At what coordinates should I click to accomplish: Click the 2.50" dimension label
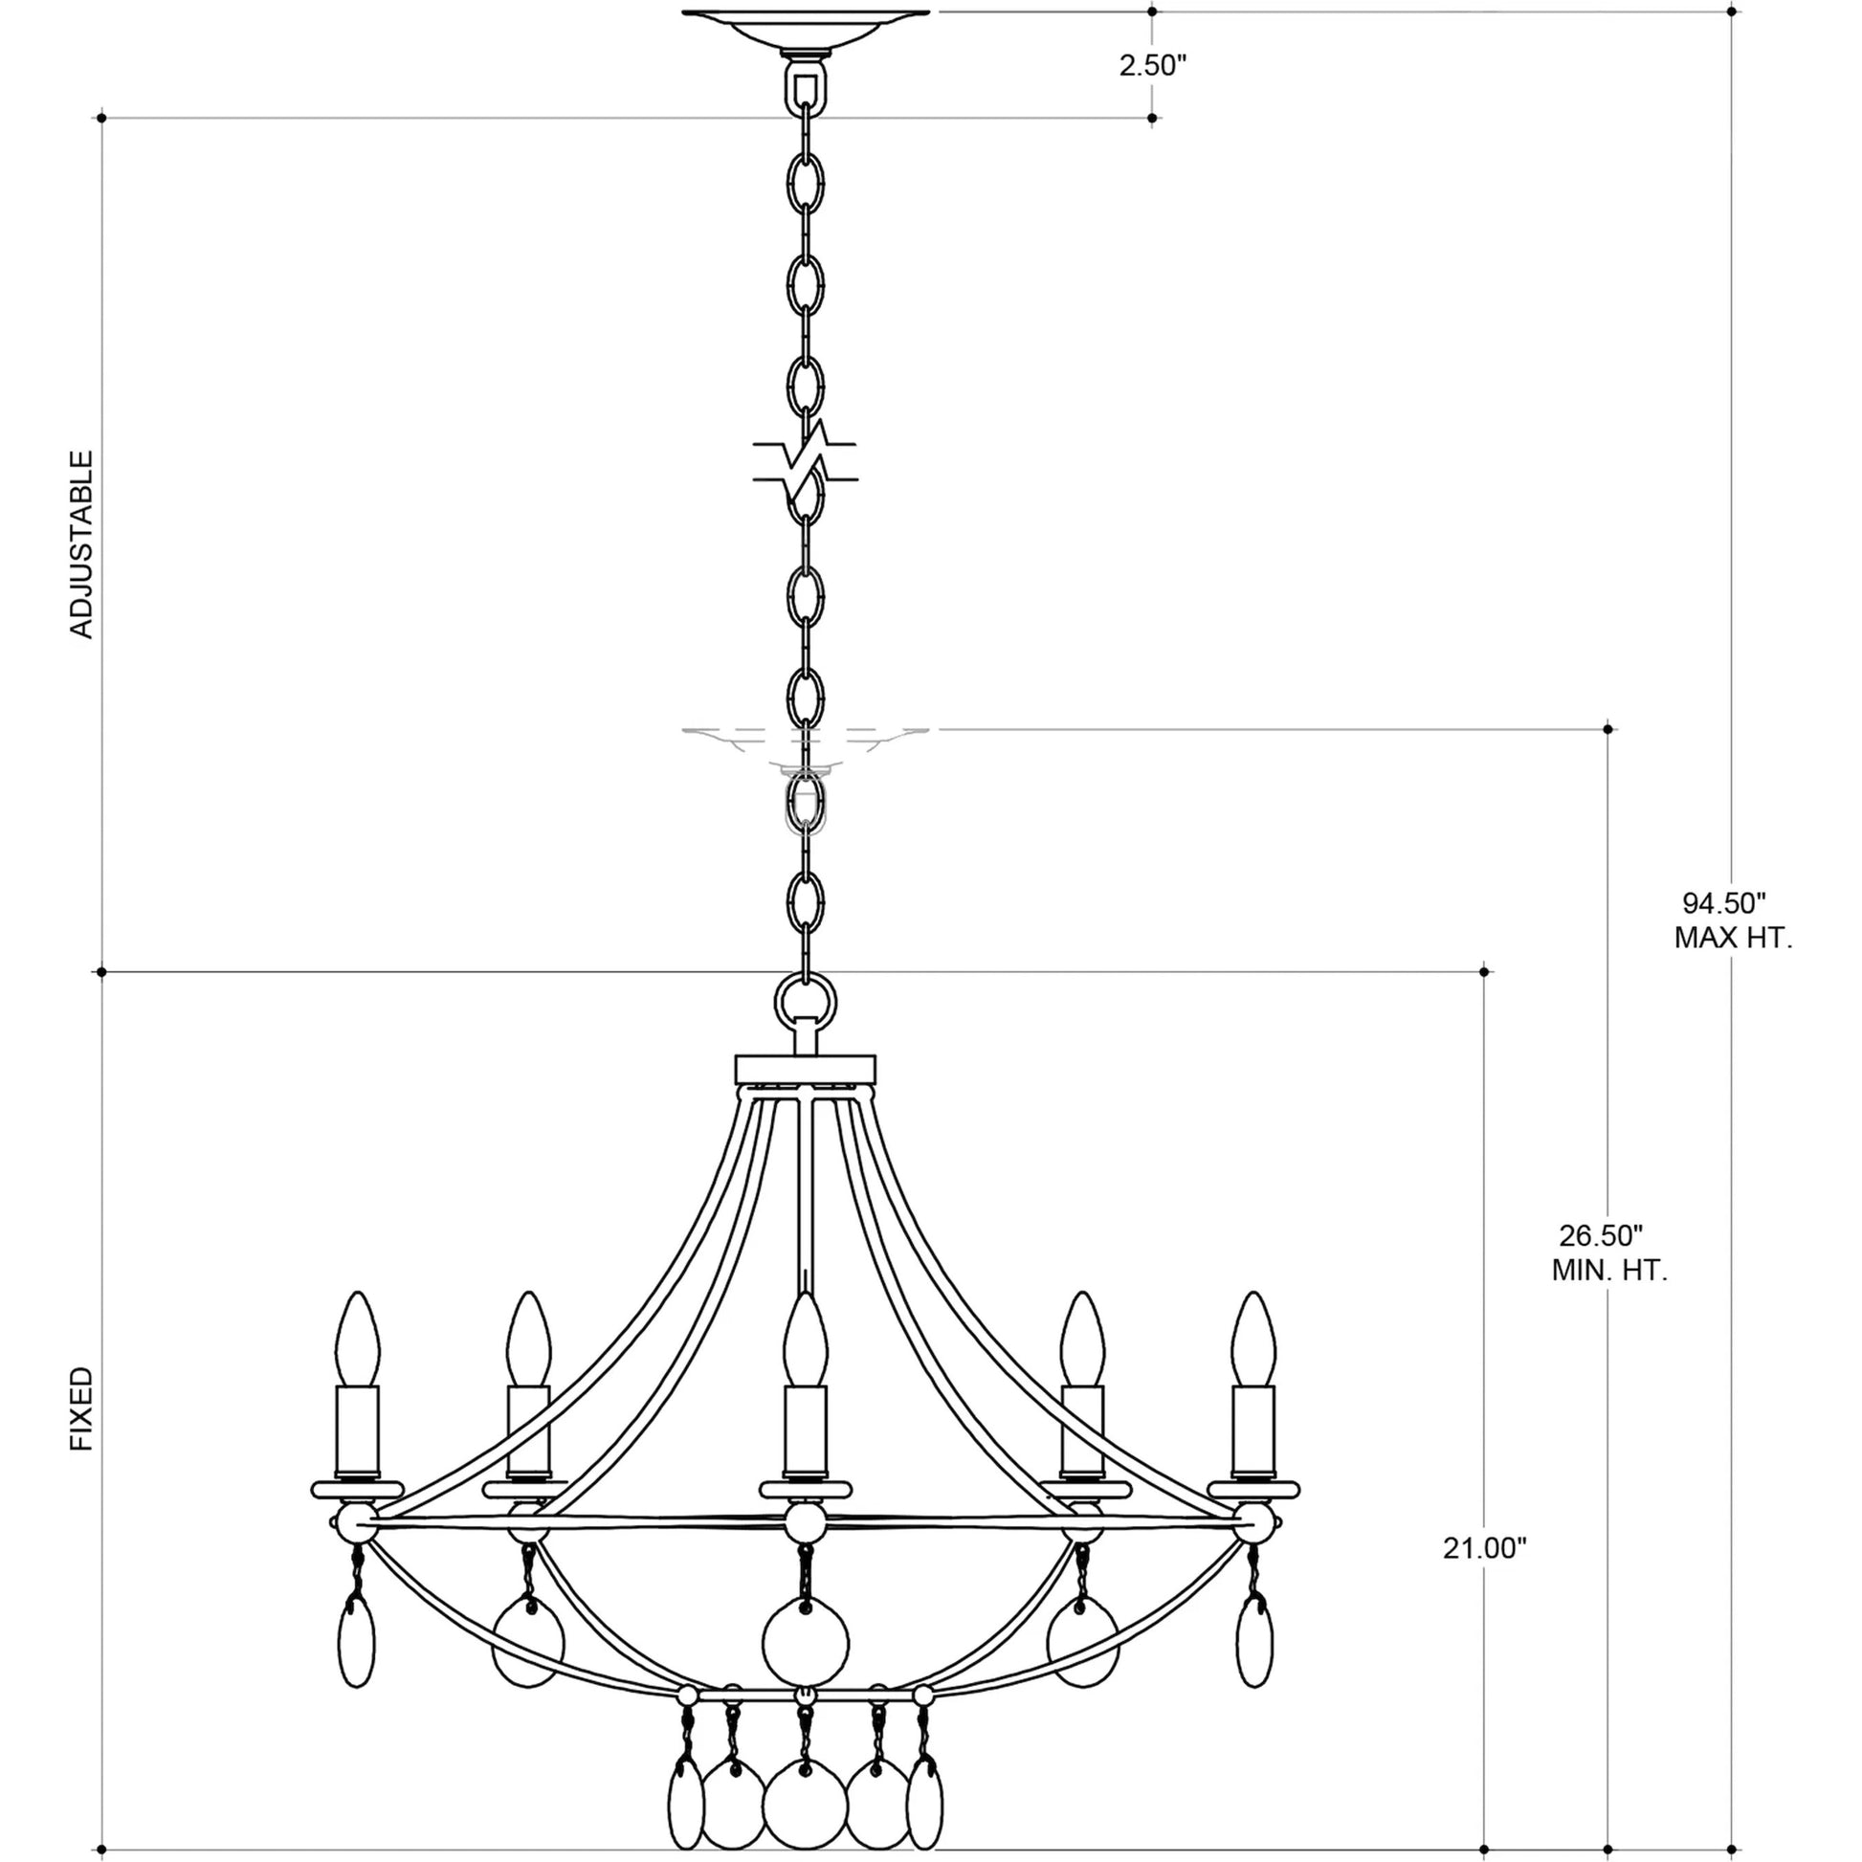point(1152,67)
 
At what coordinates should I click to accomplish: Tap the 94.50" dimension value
point(1724,903)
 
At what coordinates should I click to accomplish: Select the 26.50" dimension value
point(1600,1235)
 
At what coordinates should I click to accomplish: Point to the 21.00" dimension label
point(1485,1549)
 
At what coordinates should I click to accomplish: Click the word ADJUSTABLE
point(83,543)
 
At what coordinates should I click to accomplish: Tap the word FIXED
point(83,1409)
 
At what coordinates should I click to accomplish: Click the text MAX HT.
point(1734,938)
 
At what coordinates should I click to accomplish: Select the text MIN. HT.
point(1609,1271)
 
